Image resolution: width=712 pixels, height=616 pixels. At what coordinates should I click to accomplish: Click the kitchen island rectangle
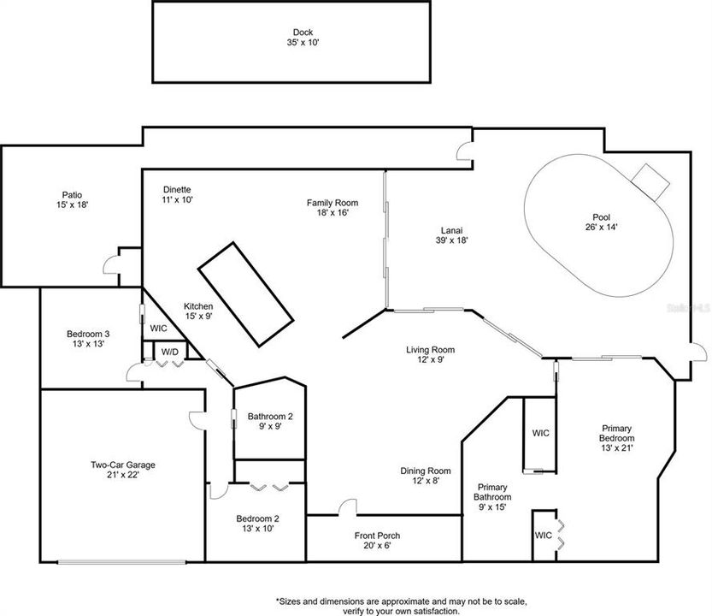[x=246, y=293]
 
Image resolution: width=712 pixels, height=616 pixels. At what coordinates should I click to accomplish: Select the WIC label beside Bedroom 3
[x=158, y=327]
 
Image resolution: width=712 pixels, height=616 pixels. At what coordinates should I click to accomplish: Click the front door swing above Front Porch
[x=346, y=507]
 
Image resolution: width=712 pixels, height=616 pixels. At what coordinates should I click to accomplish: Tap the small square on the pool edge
[x=650, y=177]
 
